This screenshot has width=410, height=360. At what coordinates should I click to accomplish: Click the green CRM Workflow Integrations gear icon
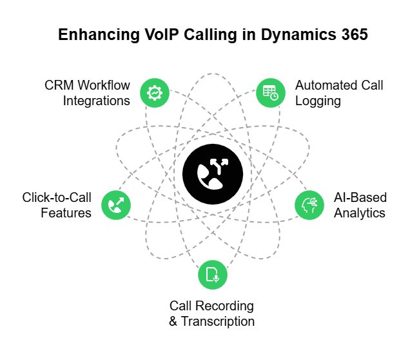point(155,93)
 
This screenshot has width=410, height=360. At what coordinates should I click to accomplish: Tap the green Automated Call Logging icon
point(270,93)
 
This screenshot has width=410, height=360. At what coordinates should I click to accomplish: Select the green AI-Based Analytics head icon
point(309,204)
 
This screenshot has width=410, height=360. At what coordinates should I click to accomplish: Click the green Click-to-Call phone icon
point(116,204)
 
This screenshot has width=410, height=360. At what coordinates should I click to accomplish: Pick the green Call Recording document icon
point(213,275)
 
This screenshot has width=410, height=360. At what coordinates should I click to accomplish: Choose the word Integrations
point(97,101)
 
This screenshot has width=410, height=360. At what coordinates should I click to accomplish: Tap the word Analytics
point(360,212)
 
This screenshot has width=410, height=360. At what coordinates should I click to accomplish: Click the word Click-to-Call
point(57,197)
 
